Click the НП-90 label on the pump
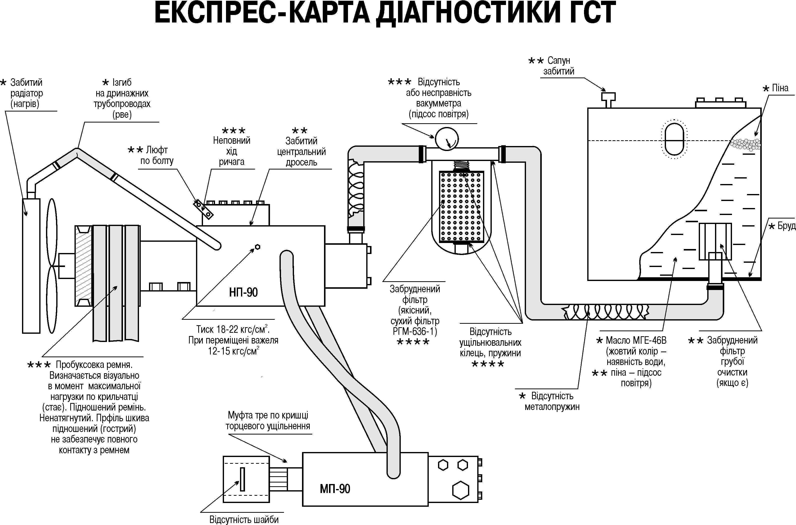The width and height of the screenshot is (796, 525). (243, 292)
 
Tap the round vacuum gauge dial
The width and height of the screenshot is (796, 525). (446, 138)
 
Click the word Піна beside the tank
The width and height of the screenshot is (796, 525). (780, 88)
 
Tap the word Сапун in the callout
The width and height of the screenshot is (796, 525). (559, 60)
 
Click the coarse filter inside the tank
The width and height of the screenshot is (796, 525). (715, 241)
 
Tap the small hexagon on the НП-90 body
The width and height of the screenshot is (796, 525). (257, 247)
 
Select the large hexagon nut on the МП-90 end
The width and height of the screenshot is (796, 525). (460, 490)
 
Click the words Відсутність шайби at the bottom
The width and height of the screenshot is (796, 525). (244, 519)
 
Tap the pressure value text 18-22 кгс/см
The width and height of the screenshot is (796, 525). (232, 329)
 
